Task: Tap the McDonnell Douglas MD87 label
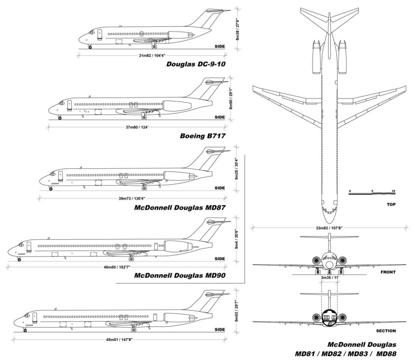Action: [x=180, y=207]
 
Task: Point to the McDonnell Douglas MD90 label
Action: [x=180, y=275]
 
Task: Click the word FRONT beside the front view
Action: [x=388, y=271]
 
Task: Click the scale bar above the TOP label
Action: [x=371, y=194]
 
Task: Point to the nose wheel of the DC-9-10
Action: [x=90, y=47]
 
